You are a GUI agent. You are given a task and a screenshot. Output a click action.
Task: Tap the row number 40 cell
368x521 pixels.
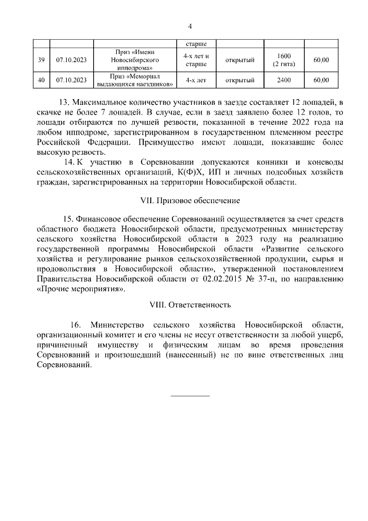click(x=41, y=80)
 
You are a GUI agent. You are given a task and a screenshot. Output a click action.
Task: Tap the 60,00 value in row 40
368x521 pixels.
click(x=321, y=80)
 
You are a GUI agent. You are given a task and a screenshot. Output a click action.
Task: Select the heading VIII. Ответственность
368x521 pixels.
click(x=190, y=304)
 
